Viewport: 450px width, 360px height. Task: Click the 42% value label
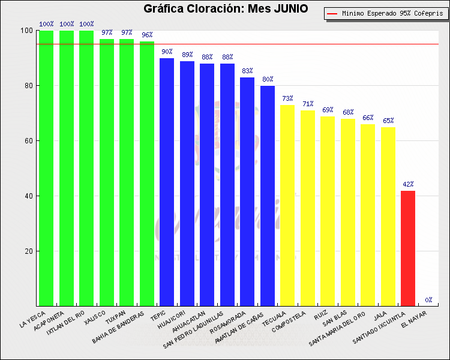[408, 184]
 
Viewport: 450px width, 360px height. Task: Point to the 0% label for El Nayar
[428, 300]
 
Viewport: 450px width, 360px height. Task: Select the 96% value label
[147, 35]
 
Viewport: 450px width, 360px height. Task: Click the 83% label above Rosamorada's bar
[247, 71]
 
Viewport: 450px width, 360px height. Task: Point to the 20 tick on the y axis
[28, 251]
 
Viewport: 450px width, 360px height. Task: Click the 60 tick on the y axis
[28, 141]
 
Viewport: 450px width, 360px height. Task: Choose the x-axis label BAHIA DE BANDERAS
[118, 326]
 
